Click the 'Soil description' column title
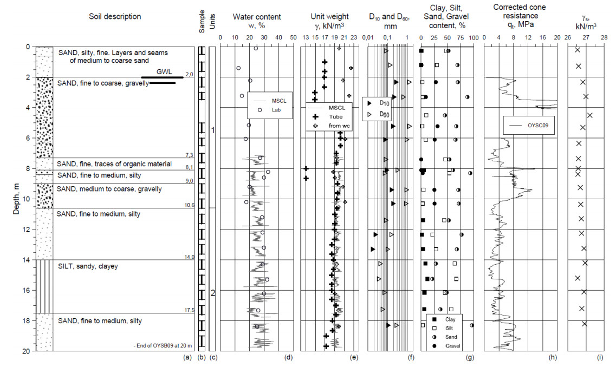[x=115, y=17]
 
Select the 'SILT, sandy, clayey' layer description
[x=88, y=266]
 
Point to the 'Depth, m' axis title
[x=16, y=199]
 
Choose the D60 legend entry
[x=384, y=115]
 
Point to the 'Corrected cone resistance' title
[x=520, y=11]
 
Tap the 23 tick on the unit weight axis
[x=353, y=37]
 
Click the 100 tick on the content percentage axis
[x=473, y=37]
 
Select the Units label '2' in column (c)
[x=213, y=293]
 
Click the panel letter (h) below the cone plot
[x=552, y=357]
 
